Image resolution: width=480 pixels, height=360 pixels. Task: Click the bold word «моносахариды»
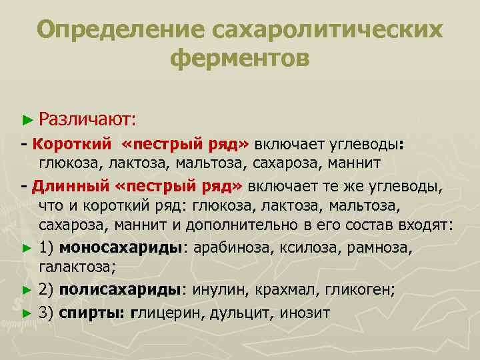click(121, 248)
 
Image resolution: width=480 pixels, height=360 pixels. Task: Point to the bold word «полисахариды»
click(121, 290)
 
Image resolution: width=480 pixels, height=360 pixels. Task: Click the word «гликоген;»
click(363, 290)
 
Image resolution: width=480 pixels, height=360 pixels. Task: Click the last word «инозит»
click(305, 311)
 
